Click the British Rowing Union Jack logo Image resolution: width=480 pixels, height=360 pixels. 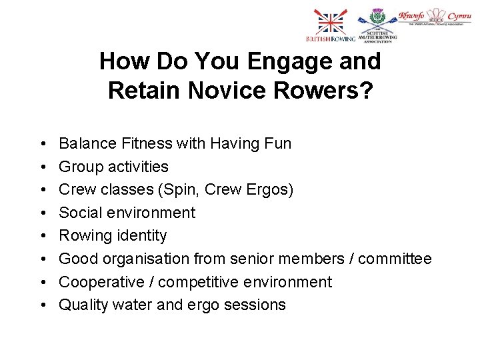click(x=327, y=27)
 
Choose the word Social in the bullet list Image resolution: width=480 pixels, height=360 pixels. click(x=80, y=213)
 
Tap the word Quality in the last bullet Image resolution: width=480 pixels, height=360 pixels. click(x=81, y=305)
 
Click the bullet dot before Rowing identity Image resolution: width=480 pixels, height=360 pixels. click(x=42, y=236)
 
